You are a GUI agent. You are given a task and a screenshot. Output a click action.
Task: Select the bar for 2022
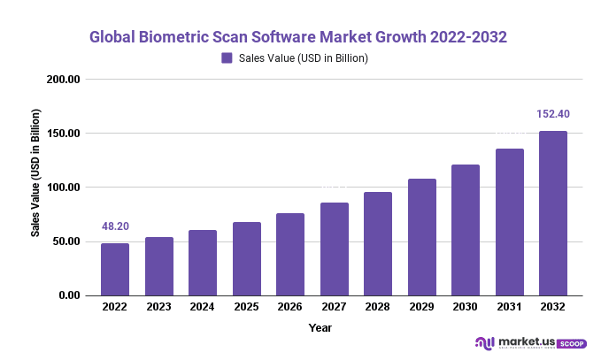click(x=115, y=269)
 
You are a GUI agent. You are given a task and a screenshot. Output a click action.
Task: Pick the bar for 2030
click(x=466, y=230)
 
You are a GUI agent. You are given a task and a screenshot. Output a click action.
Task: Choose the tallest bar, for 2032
click(x=553, y=213)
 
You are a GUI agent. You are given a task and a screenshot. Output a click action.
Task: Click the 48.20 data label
click(x=115, y=226)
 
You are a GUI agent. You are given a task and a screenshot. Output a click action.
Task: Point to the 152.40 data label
click(x=553, y=114)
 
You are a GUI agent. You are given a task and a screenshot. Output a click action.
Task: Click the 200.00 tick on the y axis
click(x=64, y=80)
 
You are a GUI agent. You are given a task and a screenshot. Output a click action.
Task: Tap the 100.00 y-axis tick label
click(x=64, y=188)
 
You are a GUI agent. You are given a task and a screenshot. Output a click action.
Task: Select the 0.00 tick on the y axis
click(x=69, y=295)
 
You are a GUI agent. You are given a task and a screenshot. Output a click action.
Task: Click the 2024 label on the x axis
click(x=203, y=307)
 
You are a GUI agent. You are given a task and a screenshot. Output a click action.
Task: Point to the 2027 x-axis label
click(x=335, y=307)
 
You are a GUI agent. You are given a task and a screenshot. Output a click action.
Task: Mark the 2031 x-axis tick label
click(x=510, y=307)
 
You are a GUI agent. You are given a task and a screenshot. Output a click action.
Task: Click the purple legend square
click(x=227, y=58)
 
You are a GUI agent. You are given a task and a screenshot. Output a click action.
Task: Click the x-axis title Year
click(x=320, y=328)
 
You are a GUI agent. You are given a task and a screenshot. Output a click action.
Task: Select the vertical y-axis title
click(x=36, y=173)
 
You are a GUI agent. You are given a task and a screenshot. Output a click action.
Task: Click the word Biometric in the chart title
click(x=179, y=38)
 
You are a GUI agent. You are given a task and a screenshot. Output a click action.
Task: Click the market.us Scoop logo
click(x=530, y=343)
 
